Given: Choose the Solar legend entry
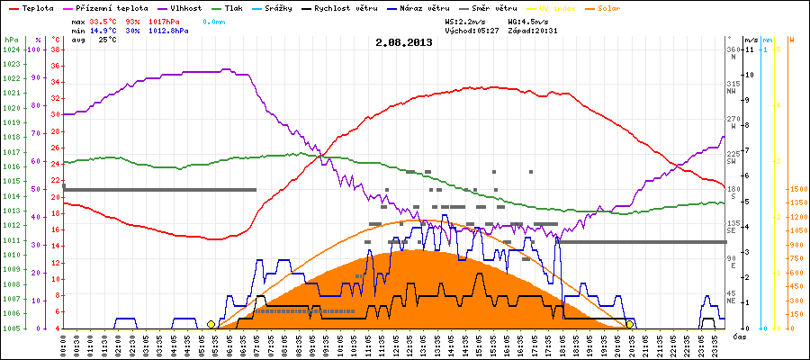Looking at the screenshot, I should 597,7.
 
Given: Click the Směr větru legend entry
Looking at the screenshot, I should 493,7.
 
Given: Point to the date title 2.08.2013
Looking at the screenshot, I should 404,41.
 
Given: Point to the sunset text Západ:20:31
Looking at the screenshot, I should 533,30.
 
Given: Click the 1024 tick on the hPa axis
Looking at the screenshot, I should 11,49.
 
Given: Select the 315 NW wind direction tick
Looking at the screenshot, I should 733,85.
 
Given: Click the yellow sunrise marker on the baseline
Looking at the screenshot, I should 211,324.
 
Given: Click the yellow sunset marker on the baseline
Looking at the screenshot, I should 630,324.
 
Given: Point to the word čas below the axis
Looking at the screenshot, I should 739,337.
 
